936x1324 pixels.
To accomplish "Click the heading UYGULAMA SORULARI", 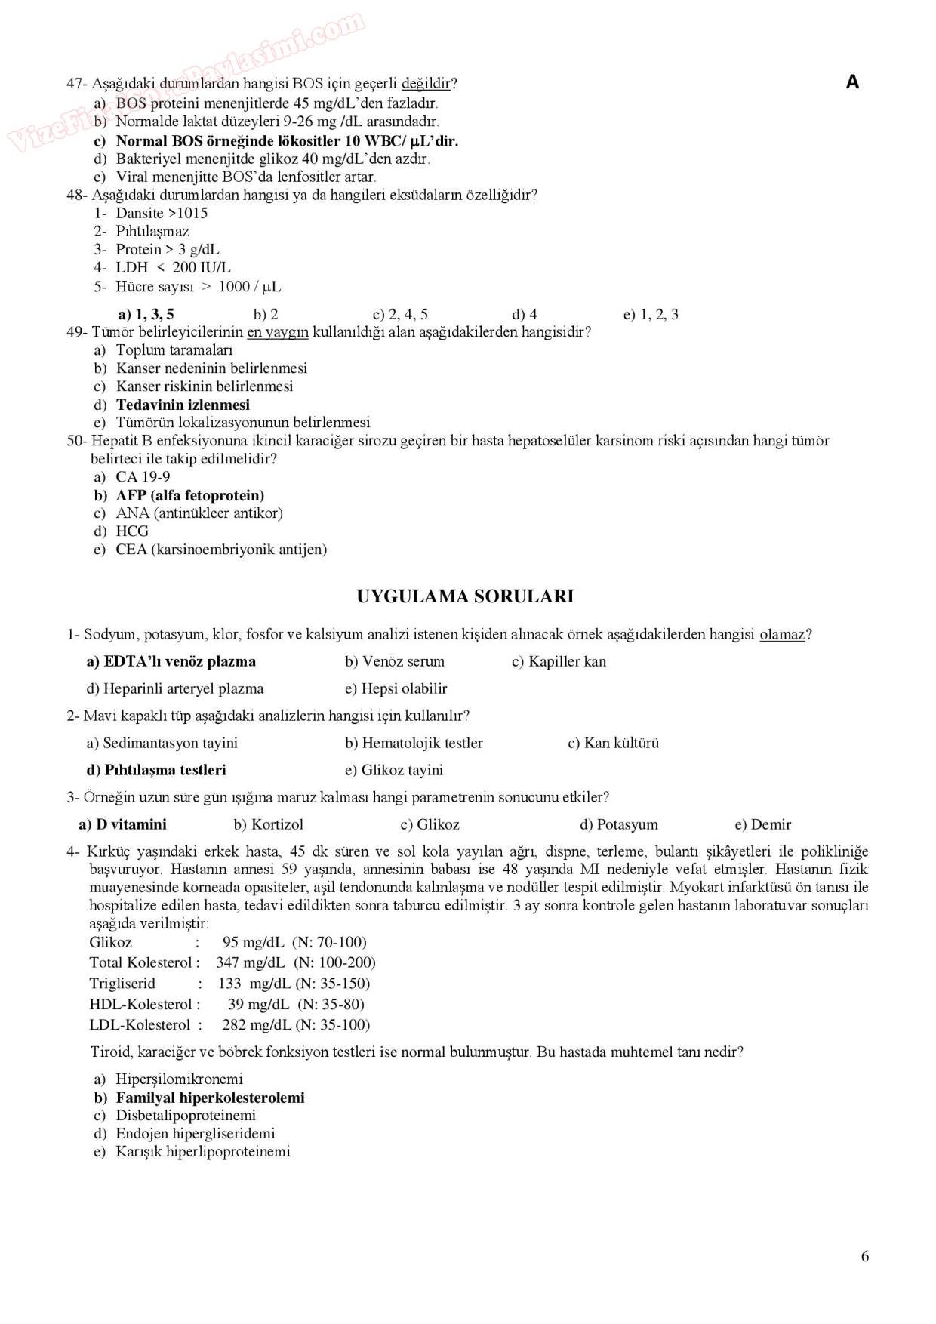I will (x=465, y=596).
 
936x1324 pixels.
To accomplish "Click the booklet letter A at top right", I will (x=852, y=82).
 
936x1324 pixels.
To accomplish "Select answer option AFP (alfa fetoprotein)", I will (x=189, y=495).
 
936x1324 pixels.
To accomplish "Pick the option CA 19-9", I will (x=142, y=476).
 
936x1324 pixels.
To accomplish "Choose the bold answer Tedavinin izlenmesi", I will (x=183, y=405).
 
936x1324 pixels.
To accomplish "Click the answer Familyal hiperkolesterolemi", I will (x=210, y=1098).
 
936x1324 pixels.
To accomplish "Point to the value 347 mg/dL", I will (x=251, y=962).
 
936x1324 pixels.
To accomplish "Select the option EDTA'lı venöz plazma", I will (x=179, y=661).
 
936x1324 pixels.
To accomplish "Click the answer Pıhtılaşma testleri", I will (x=165, y=770).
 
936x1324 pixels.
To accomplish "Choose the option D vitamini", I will (x=131, y=824).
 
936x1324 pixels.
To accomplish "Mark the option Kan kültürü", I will (x=620, y=743).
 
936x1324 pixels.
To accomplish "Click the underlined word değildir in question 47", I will (x=426, y=84).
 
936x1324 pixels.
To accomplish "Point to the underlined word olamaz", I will (x=782, y=635).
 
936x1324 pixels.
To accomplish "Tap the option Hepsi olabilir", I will (x=404, y=688).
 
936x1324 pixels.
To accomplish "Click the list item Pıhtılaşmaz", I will (x=152, y=231).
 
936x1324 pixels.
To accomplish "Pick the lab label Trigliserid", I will (x=122, y=984).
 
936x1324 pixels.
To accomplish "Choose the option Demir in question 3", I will (x=771, y=824).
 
